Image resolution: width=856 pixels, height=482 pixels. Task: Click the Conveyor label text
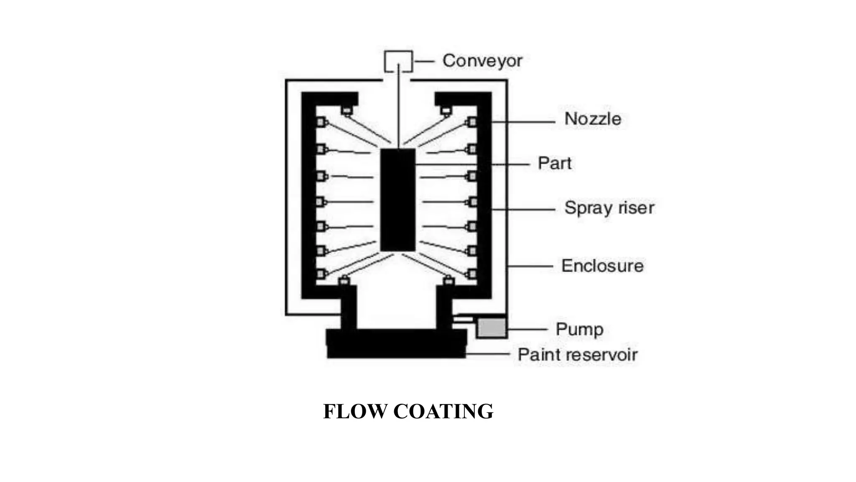482,61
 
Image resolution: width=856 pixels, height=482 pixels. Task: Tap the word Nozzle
592,119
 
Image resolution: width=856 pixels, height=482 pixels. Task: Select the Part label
554,163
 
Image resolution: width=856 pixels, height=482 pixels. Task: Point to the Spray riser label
609,208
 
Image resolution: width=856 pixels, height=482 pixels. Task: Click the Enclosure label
602,266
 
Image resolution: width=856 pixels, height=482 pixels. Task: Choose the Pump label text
579,329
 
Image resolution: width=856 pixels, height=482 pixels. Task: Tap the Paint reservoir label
577,355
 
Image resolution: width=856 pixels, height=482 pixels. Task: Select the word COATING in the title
443,411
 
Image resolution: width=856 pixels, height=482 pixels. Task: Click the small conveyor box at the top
398,61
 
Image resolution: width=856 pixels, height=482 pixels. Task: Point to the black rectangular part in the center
397,200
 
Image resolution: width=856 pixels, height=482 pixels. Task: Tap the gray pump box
492,328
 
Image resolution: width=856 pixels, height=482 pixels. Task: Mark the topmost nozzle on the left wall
321,123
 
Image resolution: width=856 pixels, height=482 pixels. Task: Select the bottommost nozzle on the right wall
472,274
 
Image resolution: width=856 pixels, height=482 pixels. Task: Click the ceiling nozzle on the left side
346,111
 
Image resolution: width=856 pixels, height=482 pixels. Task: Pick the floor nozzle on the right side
448,280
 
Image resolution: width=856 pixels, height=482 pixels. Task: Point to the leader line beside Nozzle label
522,122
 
